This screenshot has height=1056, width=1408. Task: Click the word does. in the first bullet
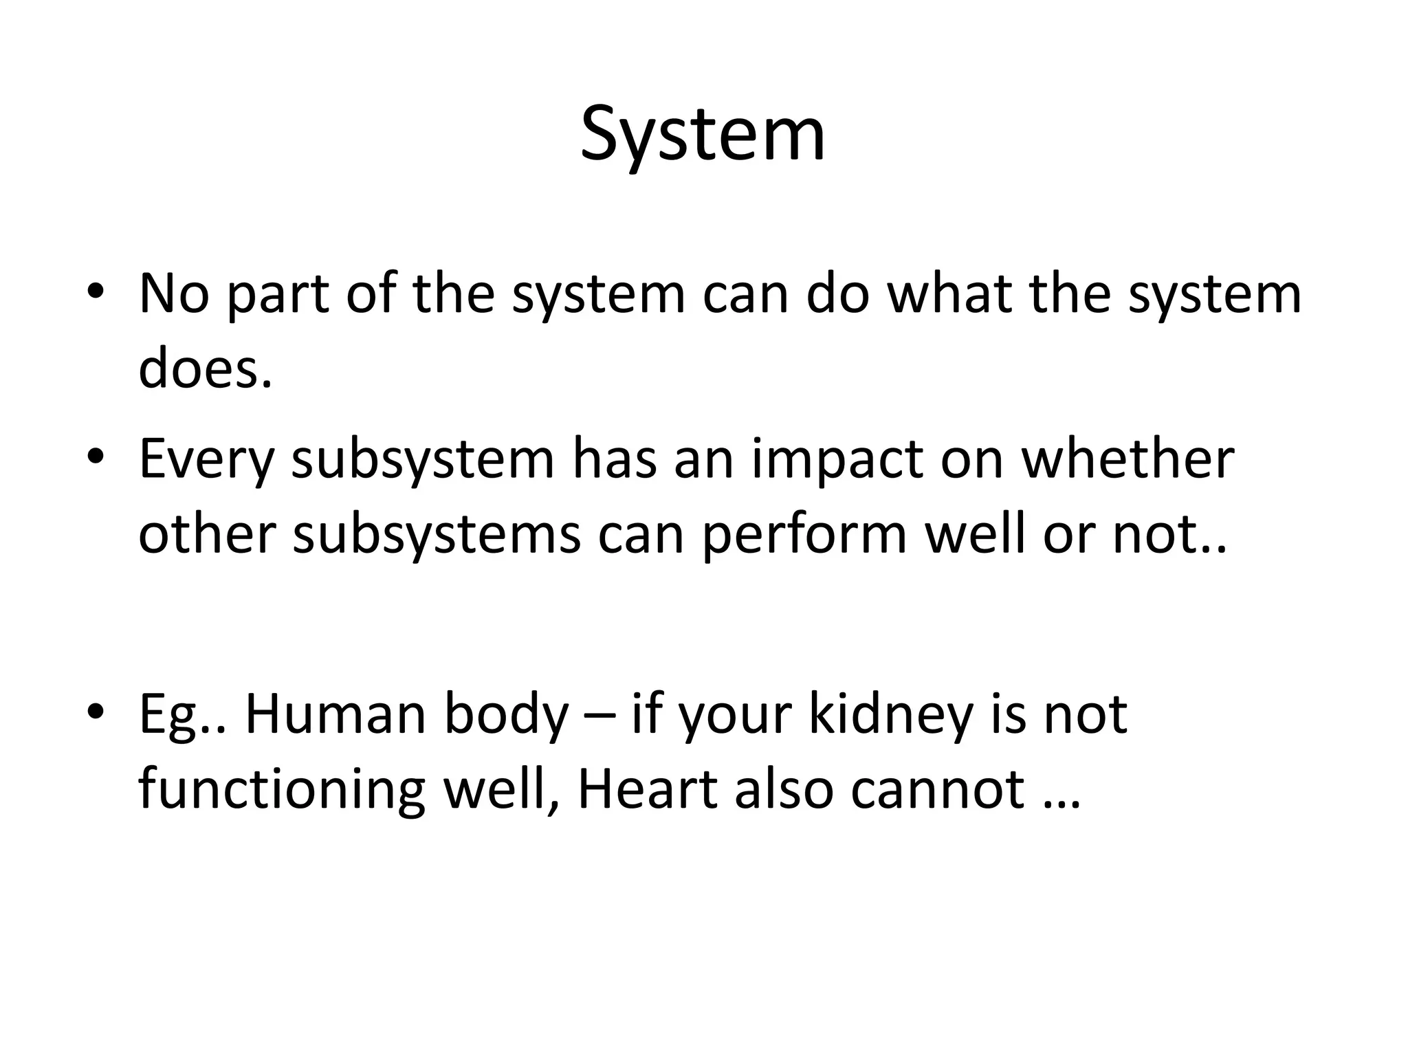pos(205,368)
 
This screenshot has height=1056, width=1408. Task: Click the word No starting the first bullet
pos(173,294)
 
